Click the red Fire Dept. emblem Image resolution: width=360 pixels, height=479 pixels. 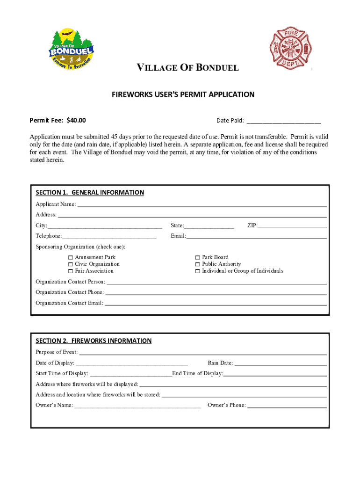pos(290,48)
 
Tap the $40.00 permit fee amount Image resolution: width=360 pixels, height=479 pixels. pos(76,120)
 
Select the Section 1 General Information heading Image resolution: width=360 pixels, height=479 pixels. pos(90,192)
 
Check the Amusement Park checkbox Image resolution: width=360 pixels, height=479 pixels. pos(70,257)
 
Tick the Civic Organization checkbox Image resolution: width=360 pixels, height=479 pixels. pos(70,264)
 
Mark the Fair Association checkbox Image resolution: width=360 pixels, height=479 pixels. pos(70,271)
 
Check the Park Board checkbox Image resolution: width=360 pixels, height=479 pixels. pos(198,257)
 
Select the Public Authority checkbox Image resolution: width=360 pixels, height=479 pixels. pos(198,264)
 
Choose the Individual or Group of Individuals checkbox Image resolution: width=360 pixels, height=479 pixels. pos(198,271)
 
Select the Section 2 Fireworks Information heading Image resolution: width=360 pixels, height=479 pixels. pos(94,341)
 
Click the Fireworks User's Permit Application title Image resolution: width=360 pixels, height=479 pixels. pos(183,94)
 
